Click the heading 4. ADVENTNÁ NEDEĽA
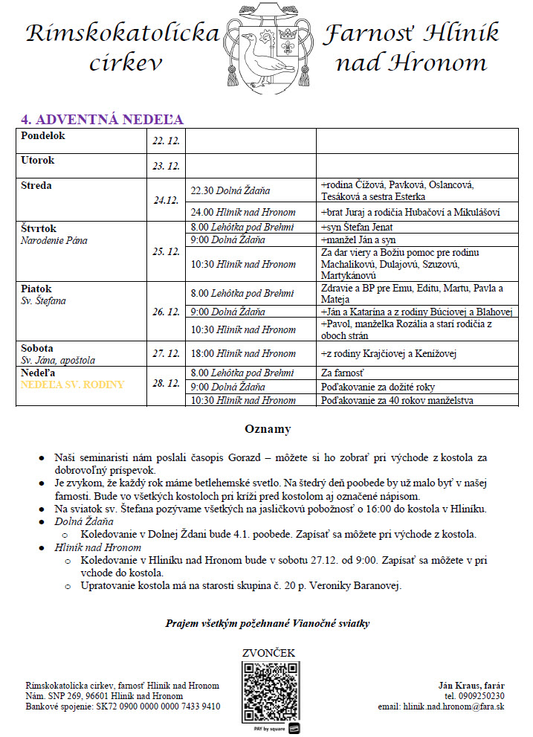(101, 120)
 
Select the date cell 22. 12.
(167, 141)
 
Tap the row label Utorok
(37, 161)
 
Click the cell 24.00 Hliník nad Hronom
(243, 212)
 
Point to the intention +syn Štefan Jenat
(356, 228)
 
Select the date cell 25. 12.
(167, 252)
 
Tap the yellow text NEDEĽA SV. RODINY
(72, 385)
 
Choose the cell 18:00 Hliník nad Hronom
(243, 354)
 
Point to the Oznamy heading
(268, 429)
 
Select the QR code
(271, 690)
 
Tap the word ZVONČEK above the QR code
(268, 654)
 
